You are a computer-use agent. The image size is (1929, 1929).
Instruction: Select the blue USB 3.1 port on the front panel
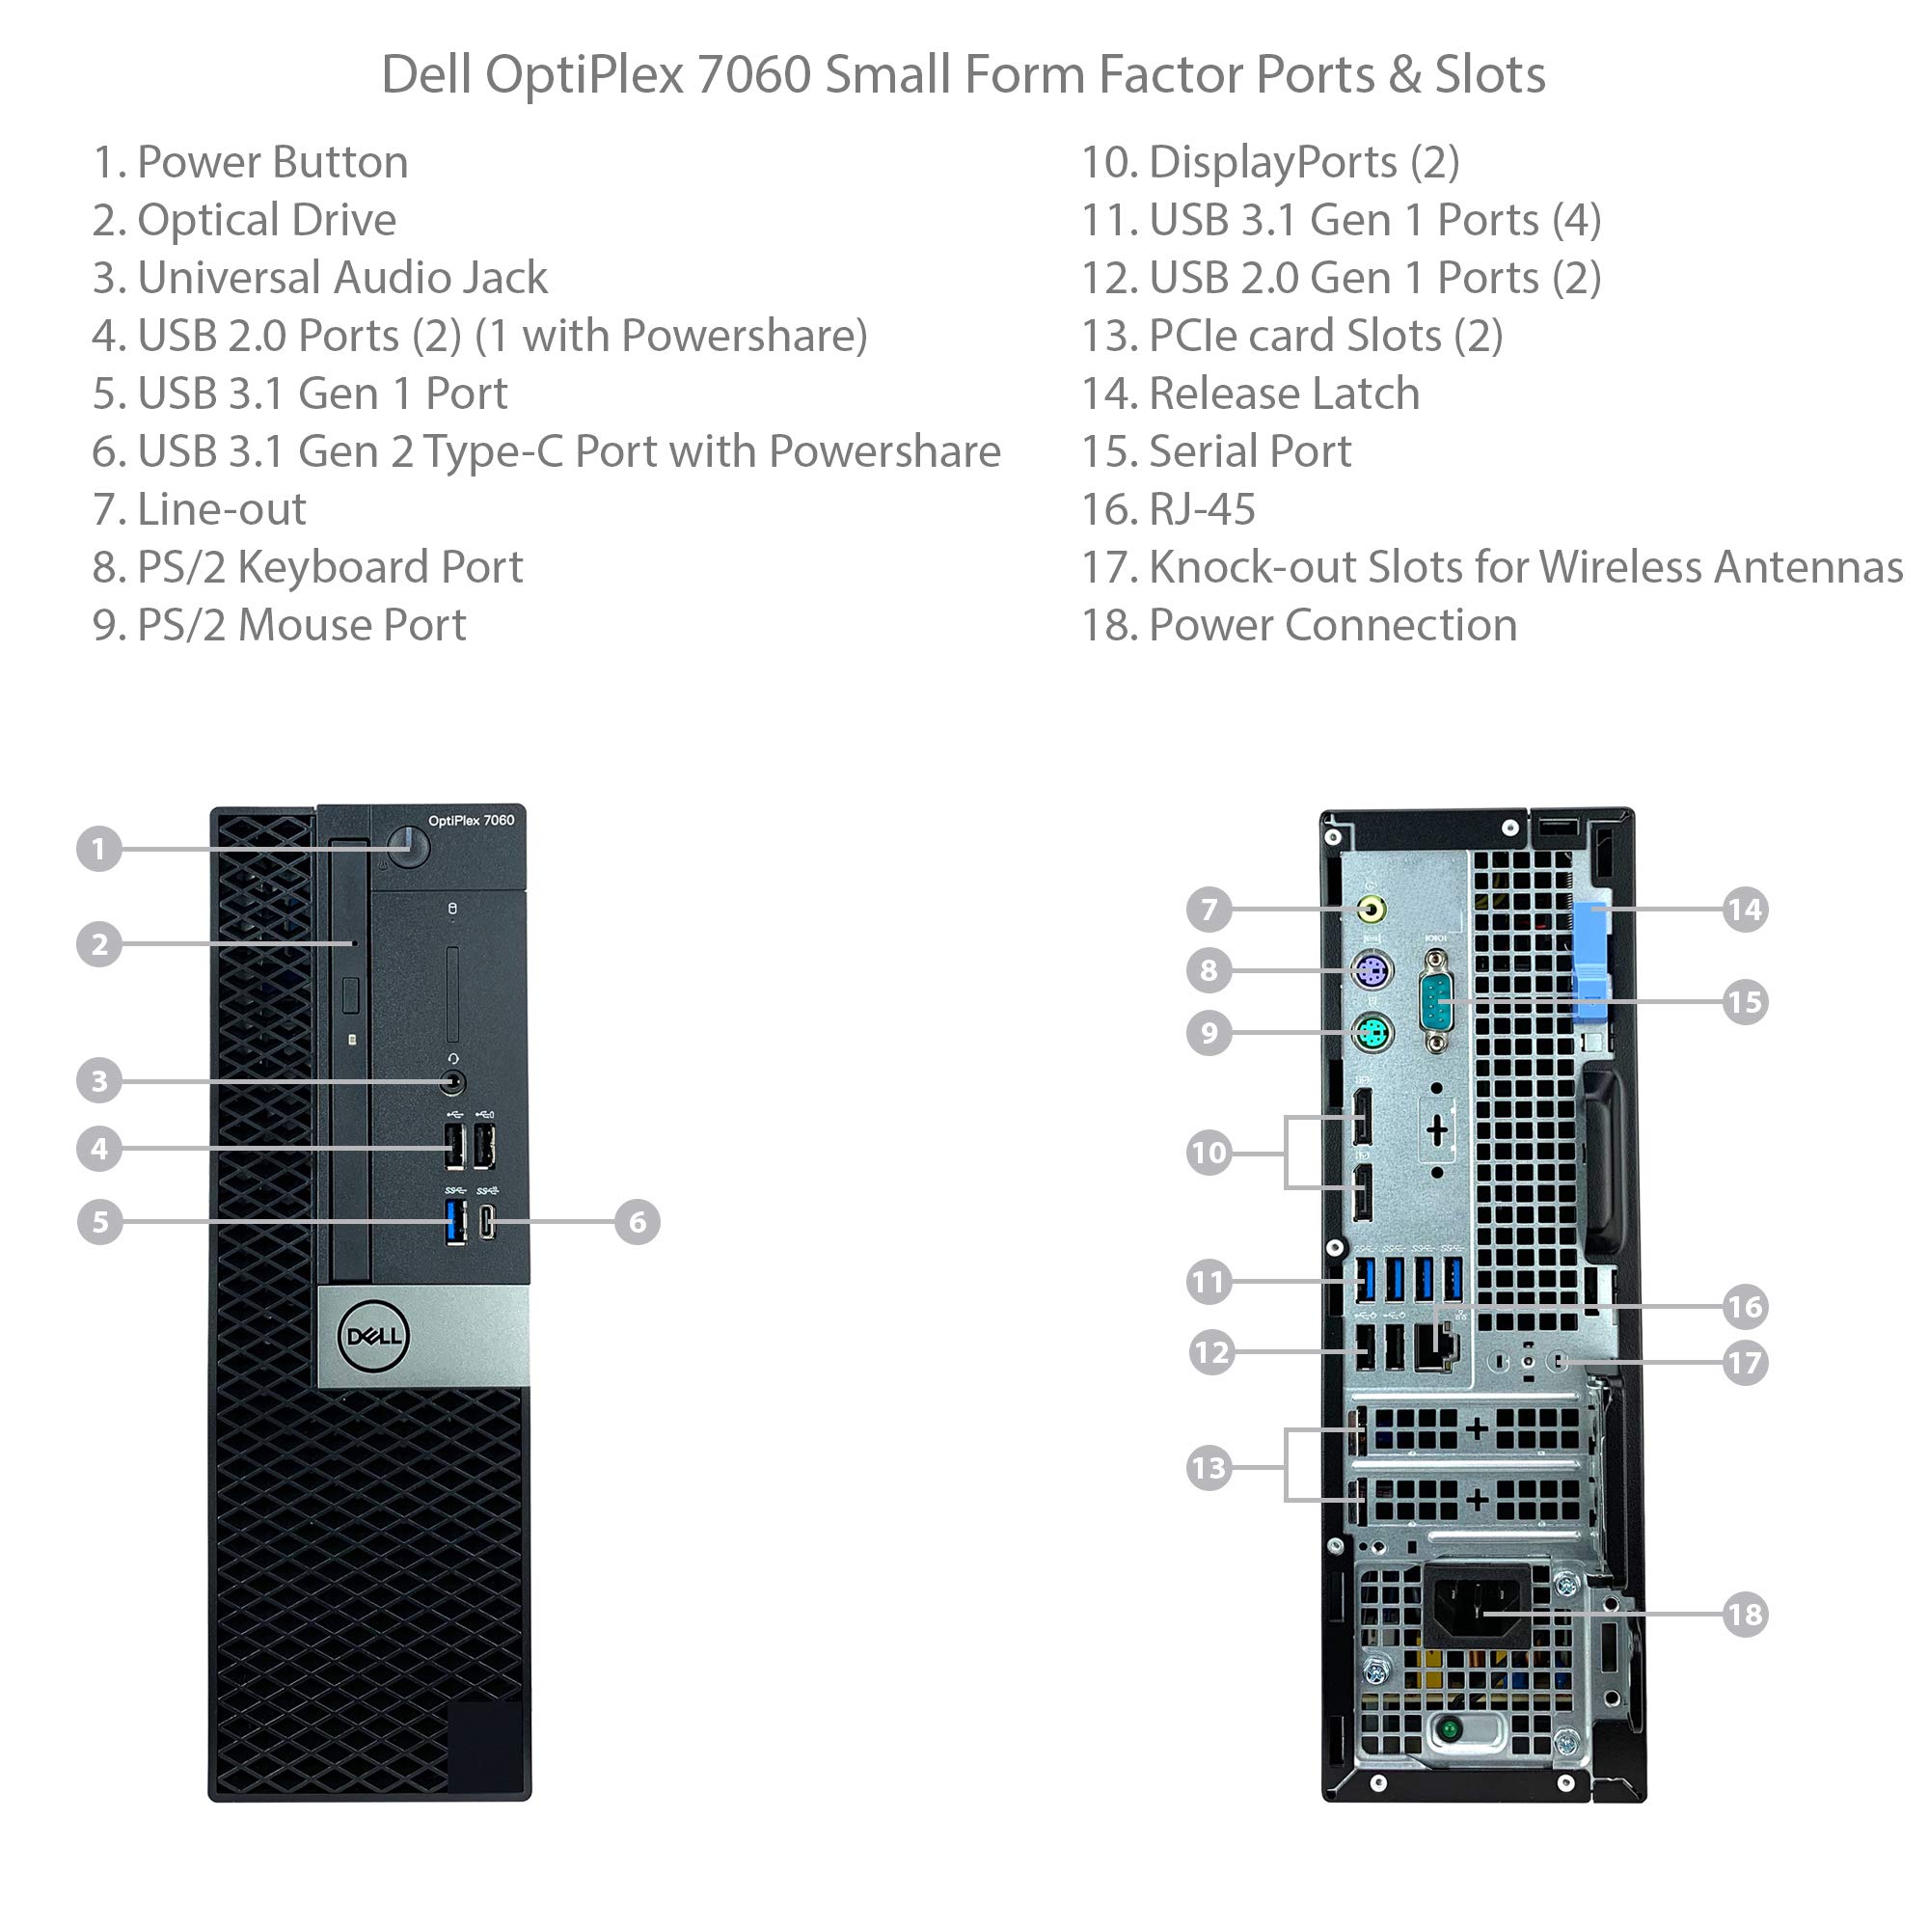coord(455,1223)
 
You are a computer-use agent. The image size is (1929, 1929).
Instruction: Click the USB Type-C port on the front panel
coord(486,1222)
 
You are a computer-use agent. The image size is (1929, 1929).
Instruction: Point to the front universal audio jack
coord(453,1081)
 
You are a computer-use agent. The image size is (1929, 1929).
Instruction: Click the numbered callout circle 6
coord(637,1222)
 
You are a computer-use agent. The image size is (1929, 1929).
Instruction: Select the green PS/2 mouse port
coord(1372,1032)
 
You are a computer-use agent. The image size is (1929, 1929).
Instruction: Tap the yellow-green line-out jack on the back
coord(1372,909)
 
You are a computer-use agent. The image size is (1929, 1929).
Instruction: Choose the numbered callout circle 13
coord(1209,1468)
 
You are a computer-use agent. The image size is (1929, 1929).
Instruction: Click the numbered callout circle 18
coord(1744,1615)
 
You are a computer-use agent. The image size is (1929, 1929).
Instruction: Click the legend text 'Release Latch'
coord(1284,394)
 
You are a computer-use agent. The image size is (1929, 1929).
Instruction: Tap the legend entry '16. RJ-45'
coord(1168,509)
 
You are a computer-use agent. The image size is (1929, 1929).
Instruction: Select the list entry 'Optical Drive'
coord(265,220)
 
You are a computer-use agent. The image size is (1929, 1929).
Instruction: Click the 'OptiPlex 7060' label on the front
coord(471,821)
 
